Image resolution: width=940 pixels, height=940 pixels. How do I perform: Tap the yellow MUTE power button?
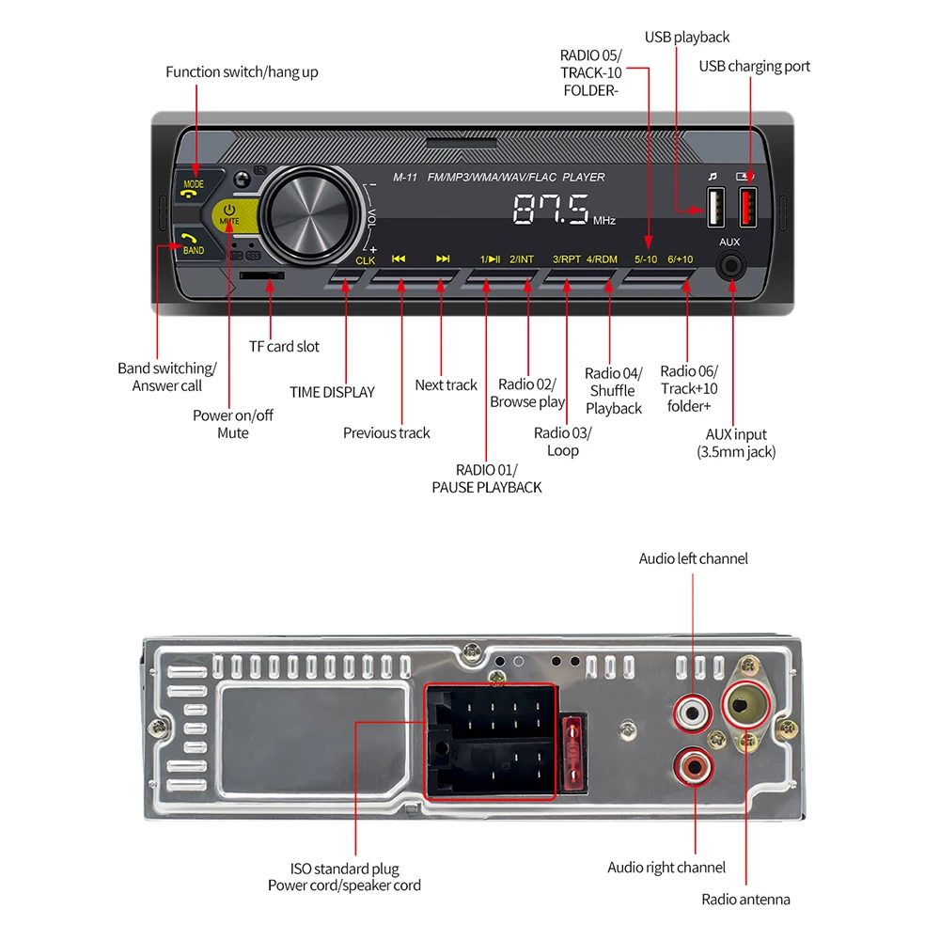click(x=229, y=214)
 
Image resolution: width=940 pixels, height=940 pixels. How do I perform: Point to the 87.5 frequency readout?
click(x=551, y=209)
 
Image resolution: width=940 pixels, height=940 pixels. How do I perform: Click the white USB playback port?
click(x=713, y=207)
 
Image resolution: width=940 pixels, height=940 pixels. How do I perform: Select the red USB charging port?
click(x=749, y=207)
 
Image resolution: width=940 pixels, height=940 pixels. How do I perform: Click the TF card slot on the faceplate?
click(x=263, y=275)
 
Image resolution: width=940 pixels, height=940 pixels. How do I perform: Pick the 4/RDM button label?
click(x=602, y=259)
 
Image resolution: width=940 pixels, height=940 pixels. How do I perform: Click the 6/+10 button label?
click(x=680, y=259)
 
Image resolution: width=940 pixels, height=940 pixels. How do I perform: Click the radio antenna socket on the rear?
click(x=746, y=701)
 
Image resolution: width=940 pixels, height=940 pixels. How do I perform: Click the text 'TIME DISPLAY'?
click(x=332, y=392)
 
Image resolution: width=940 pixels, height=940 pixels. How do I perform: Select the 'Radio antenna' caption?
click(x=745, y=900)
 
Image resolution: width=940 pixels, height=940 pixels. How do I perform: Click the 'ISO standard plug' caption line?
click(x=344, y=869)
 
